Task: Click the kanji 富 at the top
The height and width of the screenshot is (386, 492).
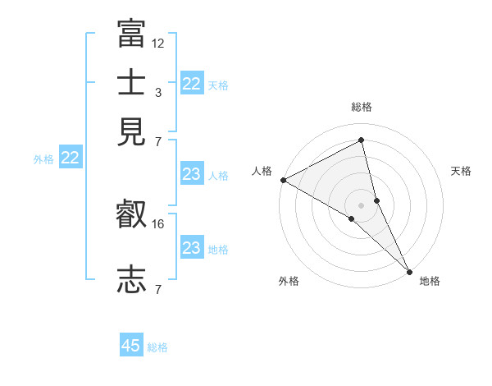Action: coord(131,34)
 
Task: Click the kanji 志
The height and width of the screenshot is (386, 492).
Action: coord(131,279)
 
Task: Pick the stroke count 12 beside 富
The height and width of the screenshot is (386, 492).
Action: coord(158,43)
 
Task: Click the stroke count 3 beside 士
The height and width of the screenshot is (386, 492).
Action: coord(158,93)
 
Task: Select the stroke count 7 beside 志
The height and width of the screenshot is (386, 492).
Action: coord(158,289)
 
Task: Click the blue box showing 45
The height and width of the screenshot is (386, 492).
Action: coord(131,346)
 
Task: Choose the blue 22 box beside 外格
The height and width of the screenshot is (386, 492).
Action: coord(70,159)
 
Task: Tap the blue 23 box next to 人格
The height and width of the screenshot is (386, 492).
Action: coord(191,174)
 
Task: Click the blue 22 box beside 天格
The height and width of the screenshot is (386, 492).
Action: coord(191,84)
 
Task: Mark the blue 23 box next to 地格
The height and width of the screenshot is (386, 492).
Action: coord(191,248)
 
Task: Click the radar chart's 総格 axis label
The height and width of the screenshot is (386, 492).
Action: coord(362,107)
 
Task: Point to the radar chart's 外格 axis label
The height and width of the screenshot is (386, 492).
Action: coord(289,282)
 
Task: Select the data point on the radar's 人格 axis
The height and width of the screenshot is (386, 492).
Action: coord(283,180)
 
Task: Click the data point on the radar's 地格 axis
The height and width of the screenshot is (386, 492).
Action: coord(409,270)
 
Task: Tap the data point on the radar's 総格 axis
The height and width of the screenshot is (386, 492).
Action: coord(362,140)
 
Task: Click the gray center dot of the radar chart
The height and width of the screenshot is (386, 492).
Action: coord(362,204)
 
